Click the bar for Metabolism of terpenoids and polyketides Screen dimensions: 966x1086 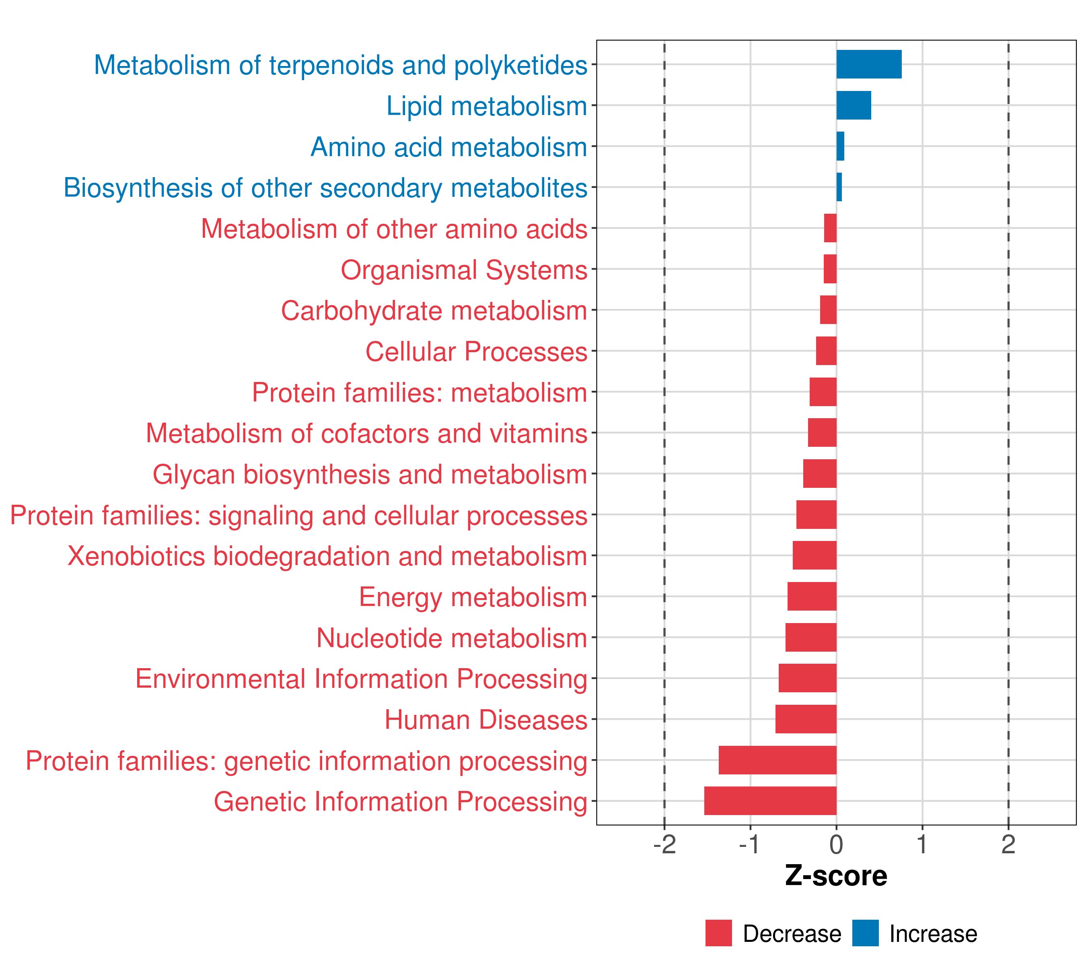click(869, 64)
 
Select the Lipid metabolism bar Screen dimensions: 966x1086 click(853, 105)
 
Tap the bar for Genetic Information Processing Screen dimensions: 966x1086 click(770, 801)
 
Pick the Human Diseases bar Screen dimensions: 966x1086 click(806, 719)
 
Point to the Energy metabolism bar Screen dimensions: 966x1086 click(811, 596)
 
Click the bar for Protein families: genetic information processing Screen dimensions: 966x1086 click(777, 760)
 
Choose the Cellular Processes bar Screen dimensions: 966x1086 click(826, 351)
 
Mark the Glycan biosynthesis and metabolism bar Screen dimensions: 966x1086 click(819, 474)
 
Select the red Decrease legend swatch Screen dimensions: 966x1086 click(718, 933)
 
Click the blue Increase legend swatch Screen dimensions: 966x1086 click(865, 933)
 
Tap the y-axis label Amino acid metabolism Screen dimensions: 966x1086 click(448, 147)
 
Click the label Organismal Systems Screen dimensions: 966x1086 click(464, 270)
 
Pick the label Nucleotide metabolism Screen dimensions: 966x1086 click(452, 638)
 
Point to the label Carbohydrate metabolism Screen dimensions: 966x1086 click(434, 310)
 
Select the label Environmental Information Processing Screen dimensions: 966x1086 click(361, 679)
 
